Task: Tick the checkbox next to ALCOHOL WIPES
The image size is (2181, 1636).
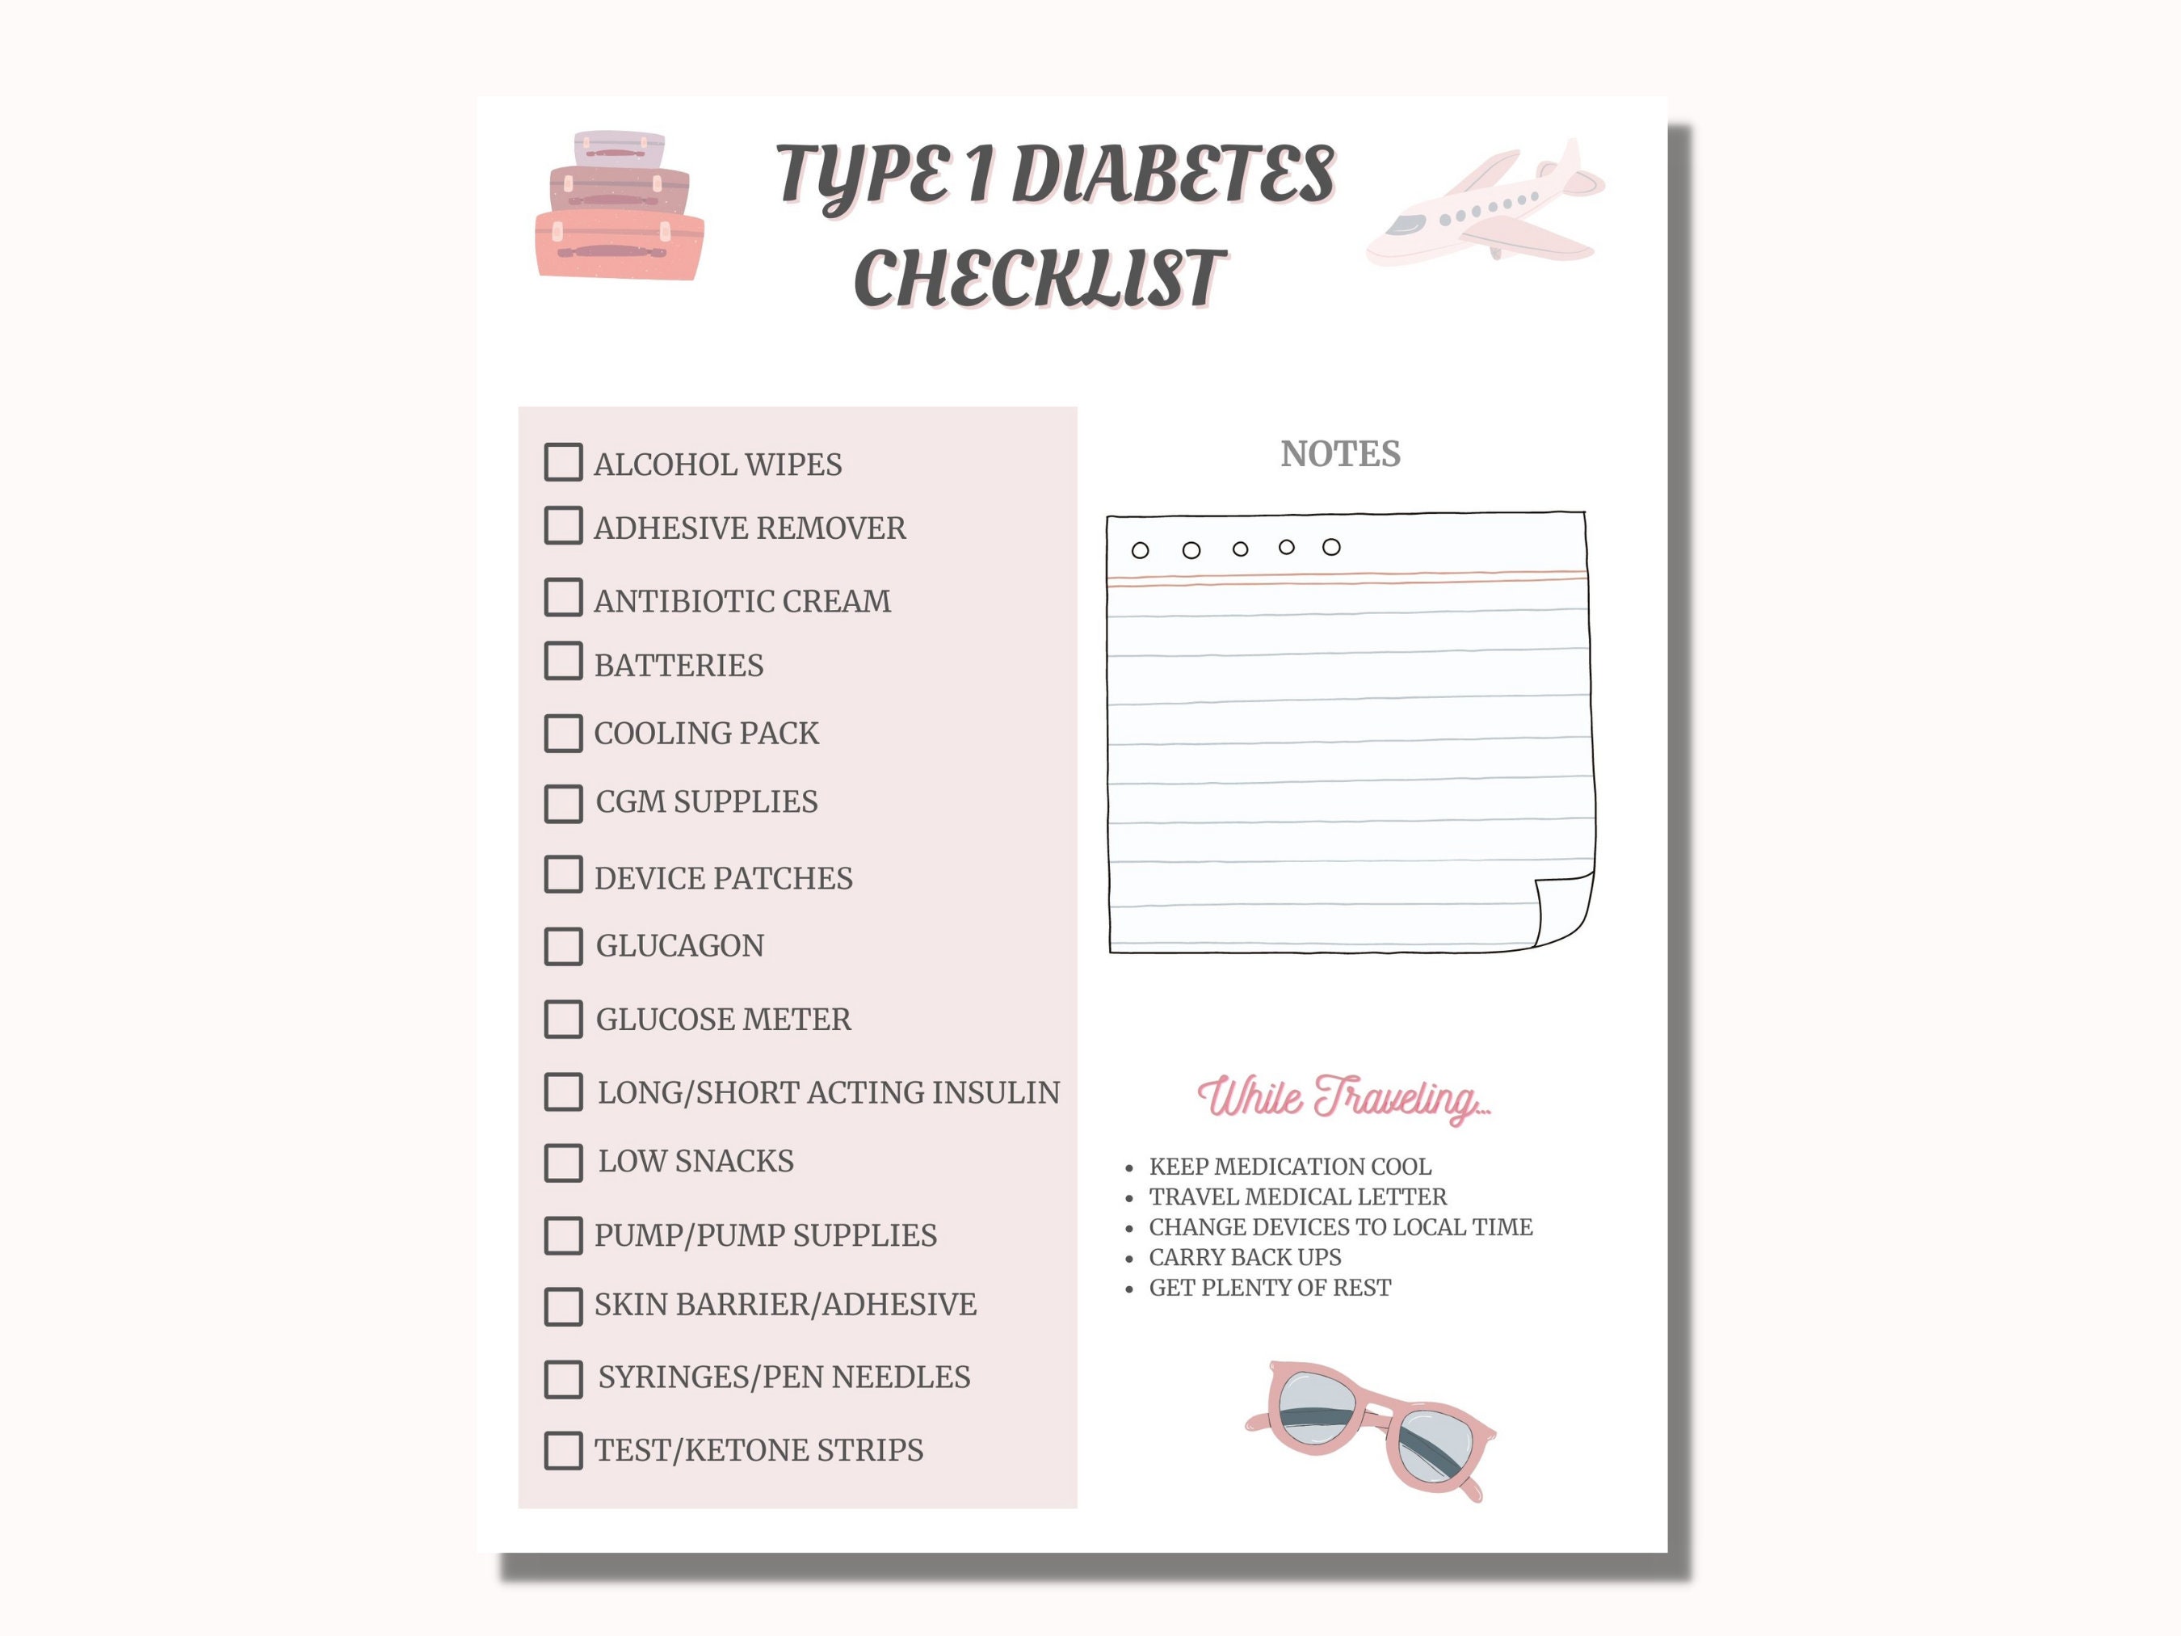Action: (563, 461)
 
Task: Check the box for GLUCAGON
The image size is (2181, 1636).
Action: (563, 946)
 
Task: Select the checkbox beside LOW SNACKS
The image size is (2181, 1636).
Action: (563, 1163)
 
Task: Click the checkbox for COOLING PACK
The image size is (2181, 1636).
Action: (563, 733)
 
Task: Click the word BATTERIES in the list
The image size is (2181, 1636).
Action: (679, 666)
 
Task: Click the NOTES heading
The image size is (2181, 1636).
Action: (1340, 453)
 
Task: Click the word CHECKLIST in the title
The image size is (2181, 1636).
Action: (1040, 278)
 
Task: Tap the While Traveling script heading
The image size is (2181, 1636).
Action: (1343, 1098)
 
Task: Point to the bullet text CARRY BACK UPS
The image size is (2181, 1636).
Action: (1244, 1257)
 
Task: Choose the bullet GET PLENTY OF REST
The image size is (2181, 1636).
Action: (1269, 1288)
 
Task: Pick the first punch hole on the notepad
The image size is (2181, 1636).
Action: (1140, 550)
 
